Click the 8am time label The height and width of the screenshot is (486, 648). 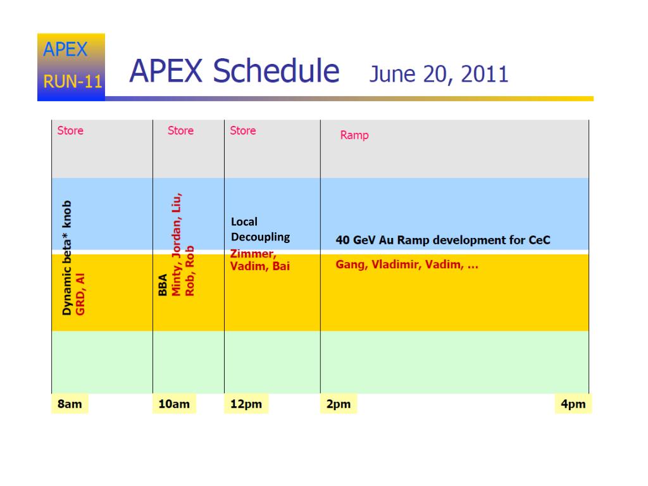click(x=70, y=404)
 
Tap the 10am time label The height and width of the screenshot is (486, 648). click(x=174, y=404)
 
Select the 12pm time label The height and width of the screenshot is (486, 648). click(x=246, y=404)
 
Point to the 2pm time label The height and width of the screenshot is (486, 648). click(x=339, y=404)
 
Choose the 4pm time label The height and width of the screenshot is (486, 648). click(x=573, y=404)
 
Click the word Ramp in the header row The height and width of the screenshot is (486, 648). click(x=354, y=135)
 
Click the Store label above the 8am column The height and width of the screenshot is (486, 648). click(x=70, y=130)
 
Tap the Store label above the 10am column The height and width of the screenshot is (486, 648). click(x=180, y=130)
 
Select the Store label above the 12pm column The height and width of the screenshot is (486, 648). click(x=243, y=130)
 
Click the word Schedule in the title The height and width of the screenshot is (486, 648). click(x=276, y=71)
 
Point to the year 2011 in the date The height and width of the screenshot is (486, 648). click(x=484, y=75)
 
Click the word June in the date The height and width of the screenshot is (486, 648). click(x=392, y=75)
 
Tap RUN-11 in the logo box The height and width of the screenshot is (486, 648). click(x=73, y=82)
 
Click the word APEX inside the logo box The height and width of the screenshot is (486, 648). click(x=65, y=49)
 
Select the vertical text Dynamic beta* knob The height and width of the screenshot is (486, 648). click(x=66, y=258)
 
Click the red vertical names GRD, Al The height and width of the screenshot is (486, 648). click(x=80, y=294)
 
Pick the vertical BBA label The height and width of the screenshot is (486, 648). click(x=163, y=285)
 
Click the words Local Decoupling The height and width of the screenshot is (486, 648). click(x=260, y=229)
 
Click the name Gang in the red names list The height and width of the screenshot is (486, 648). click(x=351, y=265)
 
